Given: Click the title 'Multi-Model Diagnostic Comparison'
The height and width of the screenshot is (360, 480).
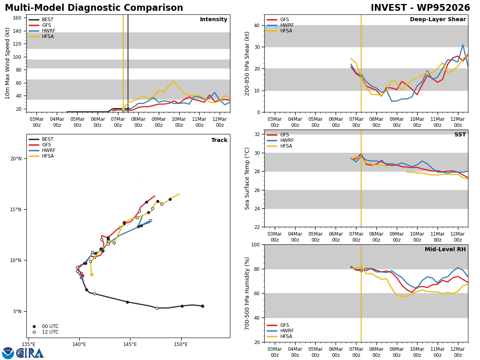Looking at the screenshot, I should pyautogui.click(x=94, y=8).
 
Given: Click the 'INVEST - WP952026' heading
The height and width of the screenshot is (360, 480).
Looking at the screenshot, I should pyautogui.click(x=420, y=8).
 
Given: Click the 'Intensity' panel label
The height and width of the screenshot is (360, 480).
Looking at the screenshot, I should pyautogui.click(x=214, y=20).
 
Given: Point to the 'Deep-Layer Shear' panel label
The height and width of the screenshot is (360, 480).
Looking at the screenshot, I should pyautogui.click(x=438, y=20).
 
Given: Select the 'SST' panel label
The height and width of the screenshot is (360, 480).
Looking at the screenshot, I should pyautogui.click(x=460, y=135).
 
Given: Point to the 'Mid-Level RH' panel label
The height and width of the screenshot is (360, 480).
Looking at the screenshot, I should pyautogui.click(x=445, y=250).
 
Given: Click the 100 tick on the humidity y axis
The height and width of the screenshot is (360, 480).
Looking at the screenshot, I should pyautogui.click(x=254, y=244).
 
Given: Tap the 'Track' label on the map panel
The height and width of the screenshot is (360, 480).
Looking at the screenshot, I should pyautogui.click(x=219, y=140).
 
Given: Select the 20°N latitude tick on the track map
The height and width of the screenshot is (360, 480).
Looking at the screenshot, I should pyautogui.click(x=16, y=159).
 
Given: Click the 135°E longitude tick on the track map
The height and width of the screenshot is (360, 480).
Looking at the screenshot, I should pyautogui.click(x=28, y=345).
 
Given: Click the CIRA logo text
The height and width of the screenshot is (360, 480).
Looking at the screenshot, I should pyautogui.click(x=30, y=353).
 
